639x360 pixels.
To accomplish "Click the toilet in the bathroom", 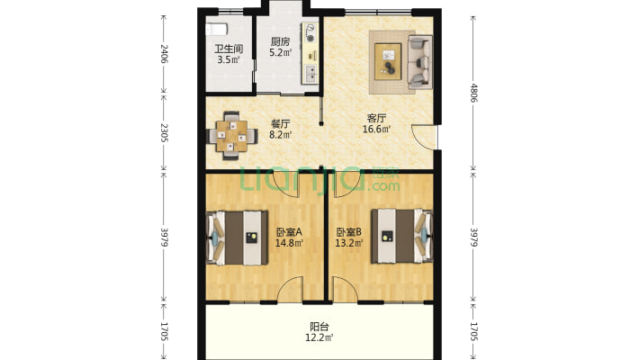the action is pyautogui.click(x=216, y=30).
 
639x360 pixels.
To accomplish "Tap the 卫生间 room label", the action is pyautogui.click(x=229, y=49).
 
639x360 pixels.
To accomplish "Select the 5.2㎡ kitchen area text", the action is pyautogui.click(x=281, y=52).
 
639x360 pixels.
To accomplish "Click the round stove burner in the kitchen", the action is pyautogui.click(x=310, y=39).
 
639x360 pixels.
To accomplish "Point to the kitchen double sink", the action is pyautogui.click(x=310, y=74).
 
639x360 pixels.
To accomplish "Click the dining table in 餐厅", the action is pyautogui.click(x=232, y=136).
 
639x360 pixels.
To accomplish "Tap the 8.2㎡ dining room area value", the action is pyautogui.click(x=281, y=134).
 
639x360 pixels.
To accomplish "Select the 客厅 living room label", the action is pyautogui.click(x=376, y=118).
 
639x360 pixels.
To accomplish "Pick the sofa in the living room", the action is pyautogui.click(x=419, y=61).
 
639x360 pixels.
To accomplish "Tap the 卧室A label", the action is pyautogui.click(x=289, y=232).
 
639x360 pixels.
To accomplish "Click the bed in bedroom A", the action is pyautogui.click(x=237, y=238).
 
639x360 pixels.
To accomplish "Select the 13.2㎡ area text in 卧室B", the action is pyautogui.click(x=349, y=243).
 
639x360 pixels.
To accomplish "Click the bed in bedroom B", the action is pyautogui.click(x=401, y=236).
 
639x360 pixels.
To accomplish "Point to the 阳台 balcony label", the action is pyautogui.click(x=319, y=327).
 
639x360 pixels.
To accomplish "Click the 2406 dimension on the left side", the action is pyautogui.click(x=164, y=53).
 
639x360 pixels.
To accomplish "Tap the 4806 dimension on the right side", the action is pyautogui.click(x=473, y=93).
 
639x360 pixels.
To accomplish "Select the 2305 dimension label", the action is pyautogui.click(x=164, y=132).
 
